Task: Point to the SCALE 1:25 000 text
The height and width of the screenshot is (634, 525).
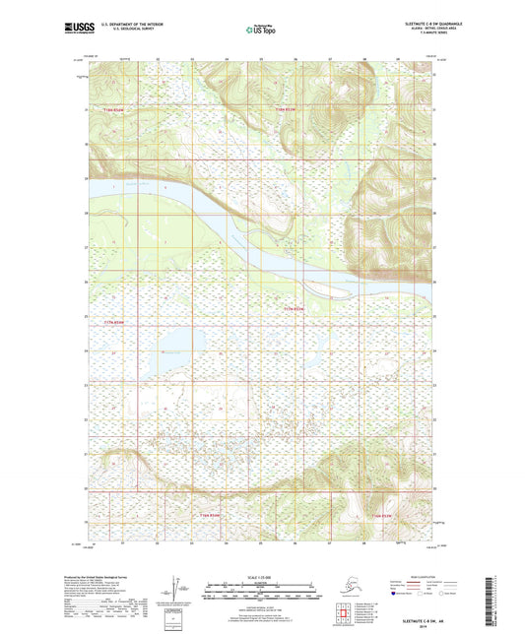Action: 262,579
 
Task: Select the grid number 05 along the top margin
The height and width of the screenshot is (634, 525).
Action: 261,60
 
